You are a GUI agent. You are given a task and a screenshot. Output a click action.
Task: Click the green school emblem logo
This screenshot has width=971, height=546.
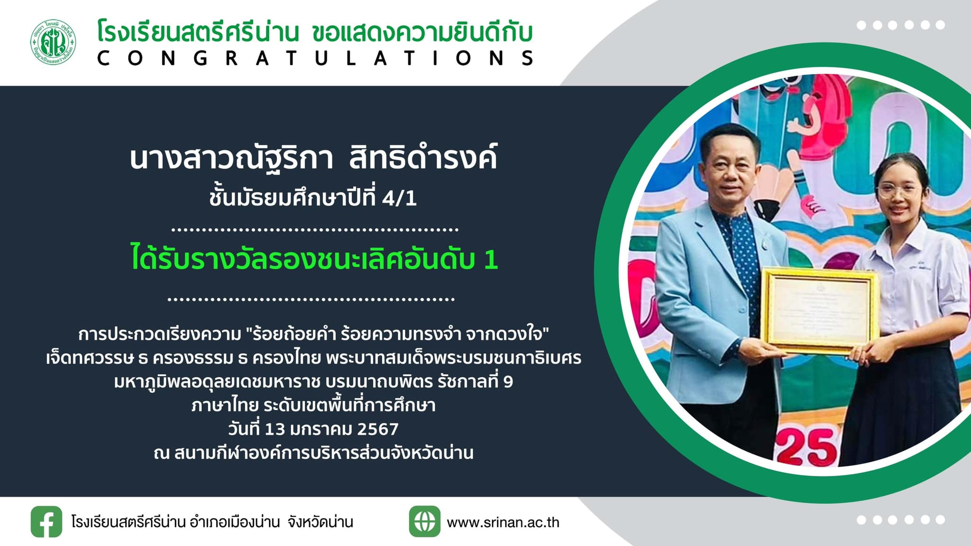click(53, 42)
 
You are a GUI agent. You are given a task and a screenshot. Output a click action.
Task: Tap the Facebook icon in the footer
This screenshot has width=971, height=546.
click(46, 522)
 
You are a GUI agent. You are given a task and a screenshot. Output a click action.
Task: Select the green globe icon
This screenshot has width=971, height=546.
click(425, 522)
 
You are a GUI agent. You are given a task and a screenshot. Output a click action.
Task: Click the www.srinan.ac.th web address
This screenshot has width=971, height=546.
click(503, 522)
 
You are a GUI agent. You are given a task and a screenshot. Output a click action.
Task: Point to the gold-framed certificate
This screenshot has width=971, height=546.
click(820, 310)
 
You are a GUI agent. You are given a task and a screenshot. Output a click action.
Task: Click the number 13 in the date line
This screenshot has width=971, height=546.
click(275, 429)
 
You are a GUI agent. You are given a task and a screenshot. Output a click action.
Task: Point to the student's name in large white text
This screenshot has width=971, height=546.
click(313, 158)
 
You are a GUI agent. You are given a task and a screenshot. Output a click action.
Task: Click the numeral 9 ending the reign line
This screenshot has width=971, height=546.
click(508, 382)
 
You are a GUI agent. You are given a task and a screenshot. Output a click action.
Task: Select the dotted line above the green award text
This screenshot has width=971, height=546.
click(315, 230)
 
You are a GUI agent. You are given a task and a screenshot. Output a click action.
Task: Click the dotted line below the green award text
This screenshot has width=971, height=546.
click(311, 300)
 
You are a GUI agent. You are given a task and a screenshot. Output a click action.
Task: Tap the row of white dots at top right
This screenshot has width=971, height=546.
click(901, 25)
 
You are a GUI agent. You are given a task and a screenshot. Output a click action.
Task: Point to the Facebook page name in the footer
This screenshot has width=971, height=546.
click(212, 522)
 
